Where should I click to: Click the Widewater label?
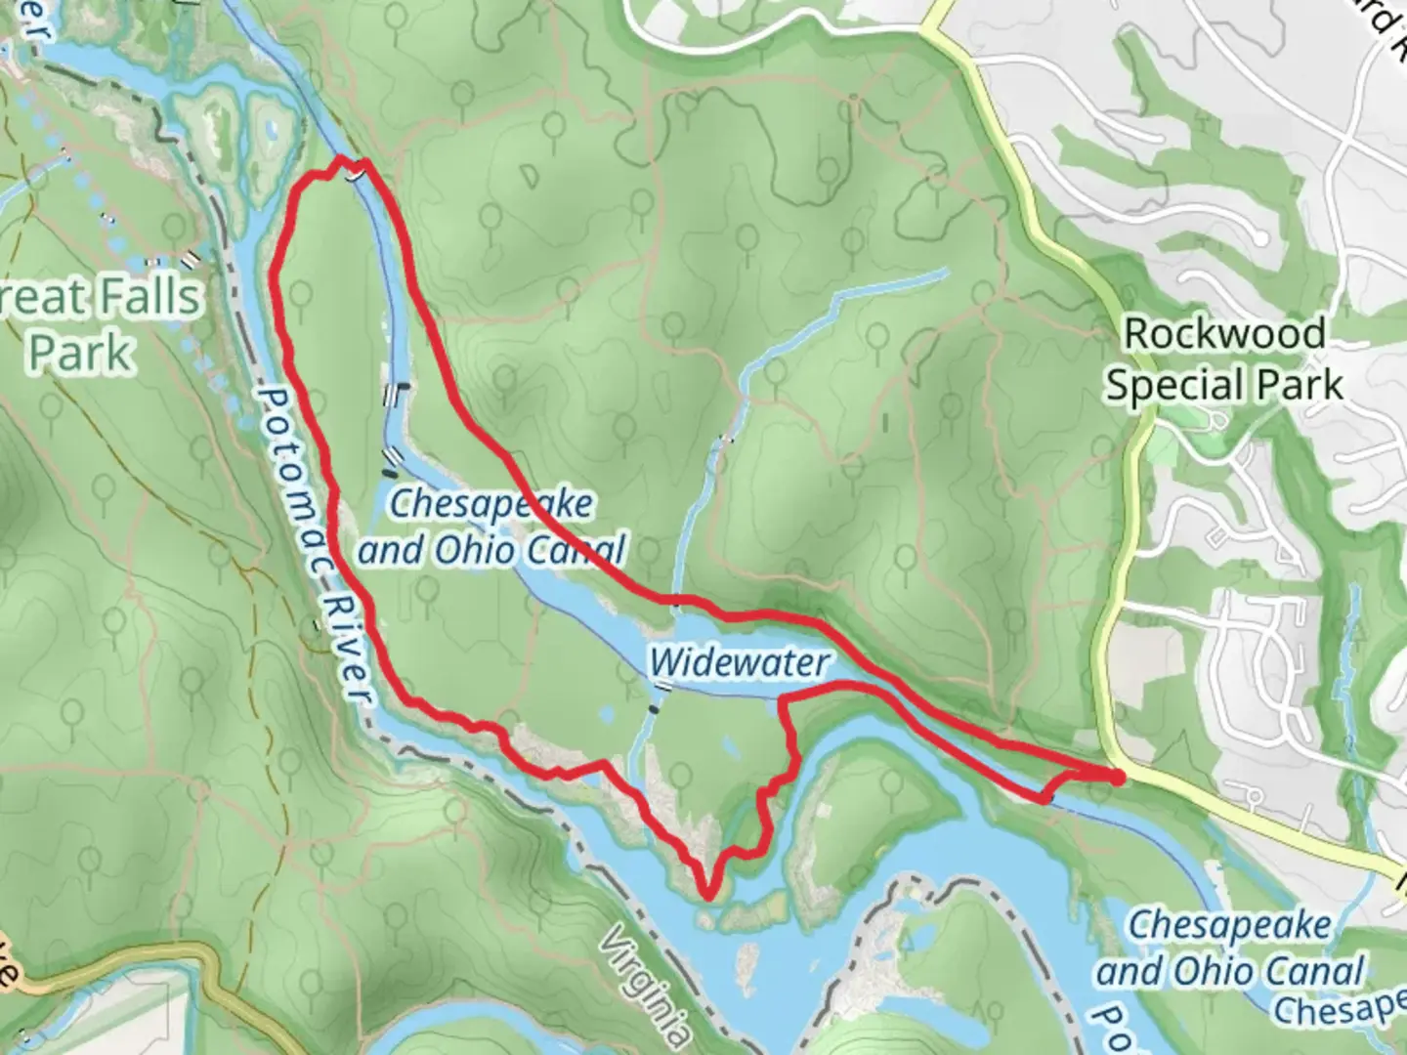(x=739, y=663)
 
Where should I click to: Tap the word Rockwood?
(x=1224, y=334)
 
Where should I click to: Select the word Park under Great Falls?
(x=80, y=352)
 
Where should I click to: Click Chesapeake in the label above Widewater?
(x=491, y=504)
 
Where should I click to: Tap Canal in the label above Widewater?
(x=576, y=551)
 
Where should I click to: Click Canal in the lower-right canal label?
(x=1313, y=972)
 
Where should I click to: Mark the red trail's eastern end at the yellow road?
(x=1117, y=776)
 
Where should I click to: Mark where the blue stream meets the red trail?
(x=676, y=599)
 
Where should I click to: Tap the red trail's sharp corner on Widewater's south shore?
(x=781, y=700)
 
